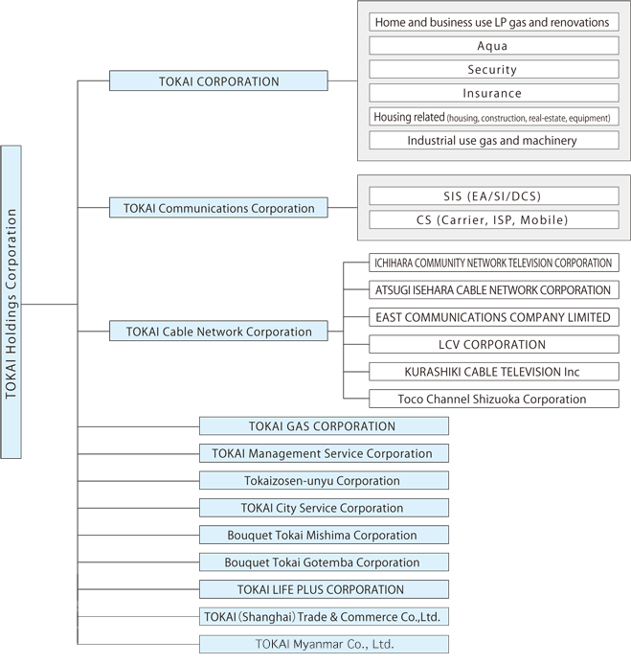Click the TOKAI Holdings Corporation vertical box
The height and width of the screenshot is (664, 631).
(x=11, y=302)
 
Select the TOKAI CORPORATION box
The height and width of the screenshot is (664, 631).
(x=218, y=80)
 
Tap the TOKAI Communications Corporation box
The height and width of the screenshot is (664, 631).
(x=218, y=208)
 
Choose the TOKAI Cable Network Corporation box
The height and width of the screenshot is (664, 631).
(x=218, y=331)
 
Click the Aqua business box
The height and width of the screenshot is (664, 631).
(x=494, y=45)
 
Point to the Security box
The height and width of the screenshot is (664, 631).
(x=494, y=69)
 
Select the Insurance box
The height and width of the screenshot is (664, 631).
(x=494, y=93)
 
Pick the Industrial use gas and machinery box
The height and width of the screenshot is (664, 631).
(x=494, y=140)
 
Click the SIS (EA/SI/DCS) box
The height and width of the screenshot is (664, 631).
(x=494, y=196)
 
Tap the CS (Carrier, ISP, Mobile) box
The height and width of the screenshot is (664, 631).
(x=494, y=219)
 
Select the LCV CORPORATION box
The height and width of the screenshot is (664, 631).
(x=494, y=344)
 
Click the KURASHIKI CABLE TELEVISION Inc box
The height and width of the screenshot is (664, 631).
(x=494, y=372)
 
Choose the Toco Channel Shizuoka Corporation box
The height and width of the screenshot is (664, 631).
(x=494, y=399)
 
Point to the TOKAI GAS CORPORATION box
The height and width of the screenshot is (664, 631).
(x=324, y=426)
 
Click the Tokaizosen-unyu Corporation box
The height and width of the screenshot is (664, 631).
(x=324, y=481)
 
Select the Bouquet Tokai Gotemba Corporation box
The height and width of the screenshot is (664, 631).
(x=324, y=561)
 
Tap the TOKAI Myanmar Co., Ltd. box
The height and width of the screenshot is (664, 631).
(x=324, y=644)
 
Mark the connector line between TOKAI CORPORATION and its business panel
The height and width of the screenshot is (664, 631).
(x=343, y=80)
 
